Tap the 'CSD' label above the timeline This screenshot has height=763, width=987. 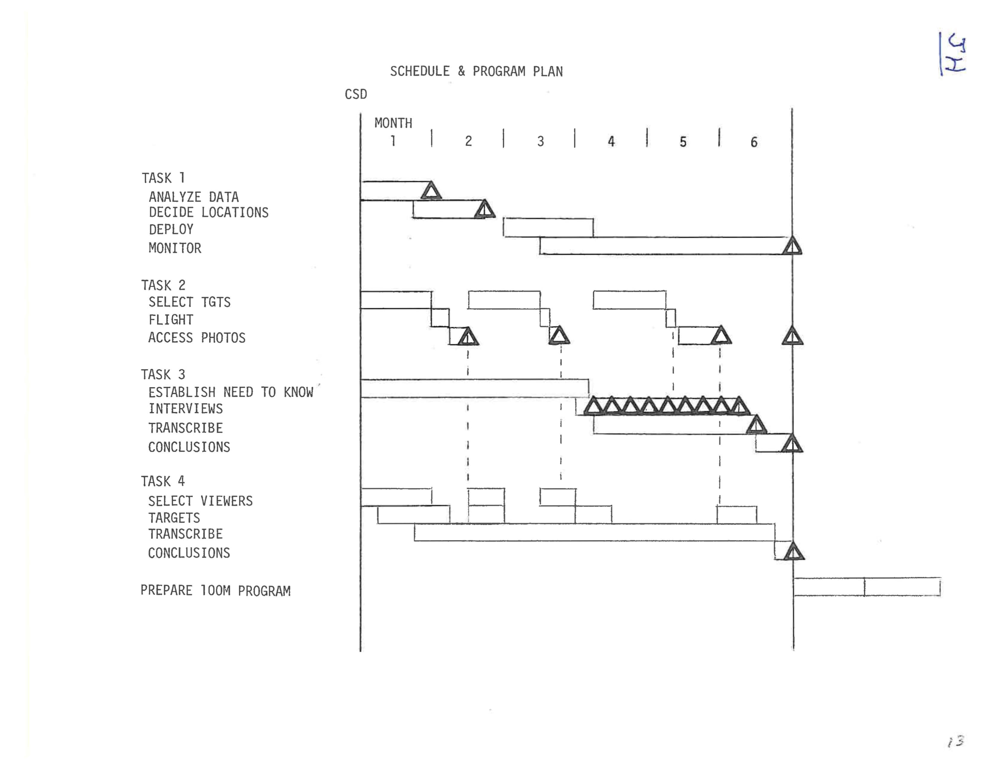point(356,95)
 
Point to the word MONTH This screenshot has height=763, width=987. point(393,123)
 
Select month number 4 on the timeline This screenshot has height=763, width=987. point(611,142)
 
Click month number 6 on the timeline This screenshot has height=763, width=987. point(754,142)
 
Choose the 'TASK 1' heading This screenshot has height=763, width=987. point(163,178)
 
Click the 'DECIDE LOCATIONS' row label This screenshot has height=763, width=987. point(208,212)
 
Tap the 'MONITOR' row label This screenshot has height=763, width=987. point(175,248)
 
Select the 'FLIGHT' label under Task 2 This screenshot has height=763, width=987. point(171,320)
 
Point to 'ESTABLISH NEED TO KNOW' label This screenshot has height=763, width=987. point(231,392)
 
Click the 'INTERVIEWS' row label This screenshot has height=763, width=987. point(185,409)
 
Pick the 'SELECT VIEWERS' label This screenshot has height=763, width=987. point(200,501)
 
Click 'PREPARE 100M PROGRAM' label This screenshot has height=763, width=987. point(215,591)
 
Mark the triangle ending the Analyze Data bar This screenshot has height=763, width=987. point(431,191)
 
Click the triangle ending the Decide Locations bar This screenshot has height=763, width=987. point(485,210)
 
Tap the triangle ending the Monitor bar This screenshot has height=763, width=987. point(792,246)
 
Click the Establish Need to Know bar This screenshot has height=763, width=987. point(475,388)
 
